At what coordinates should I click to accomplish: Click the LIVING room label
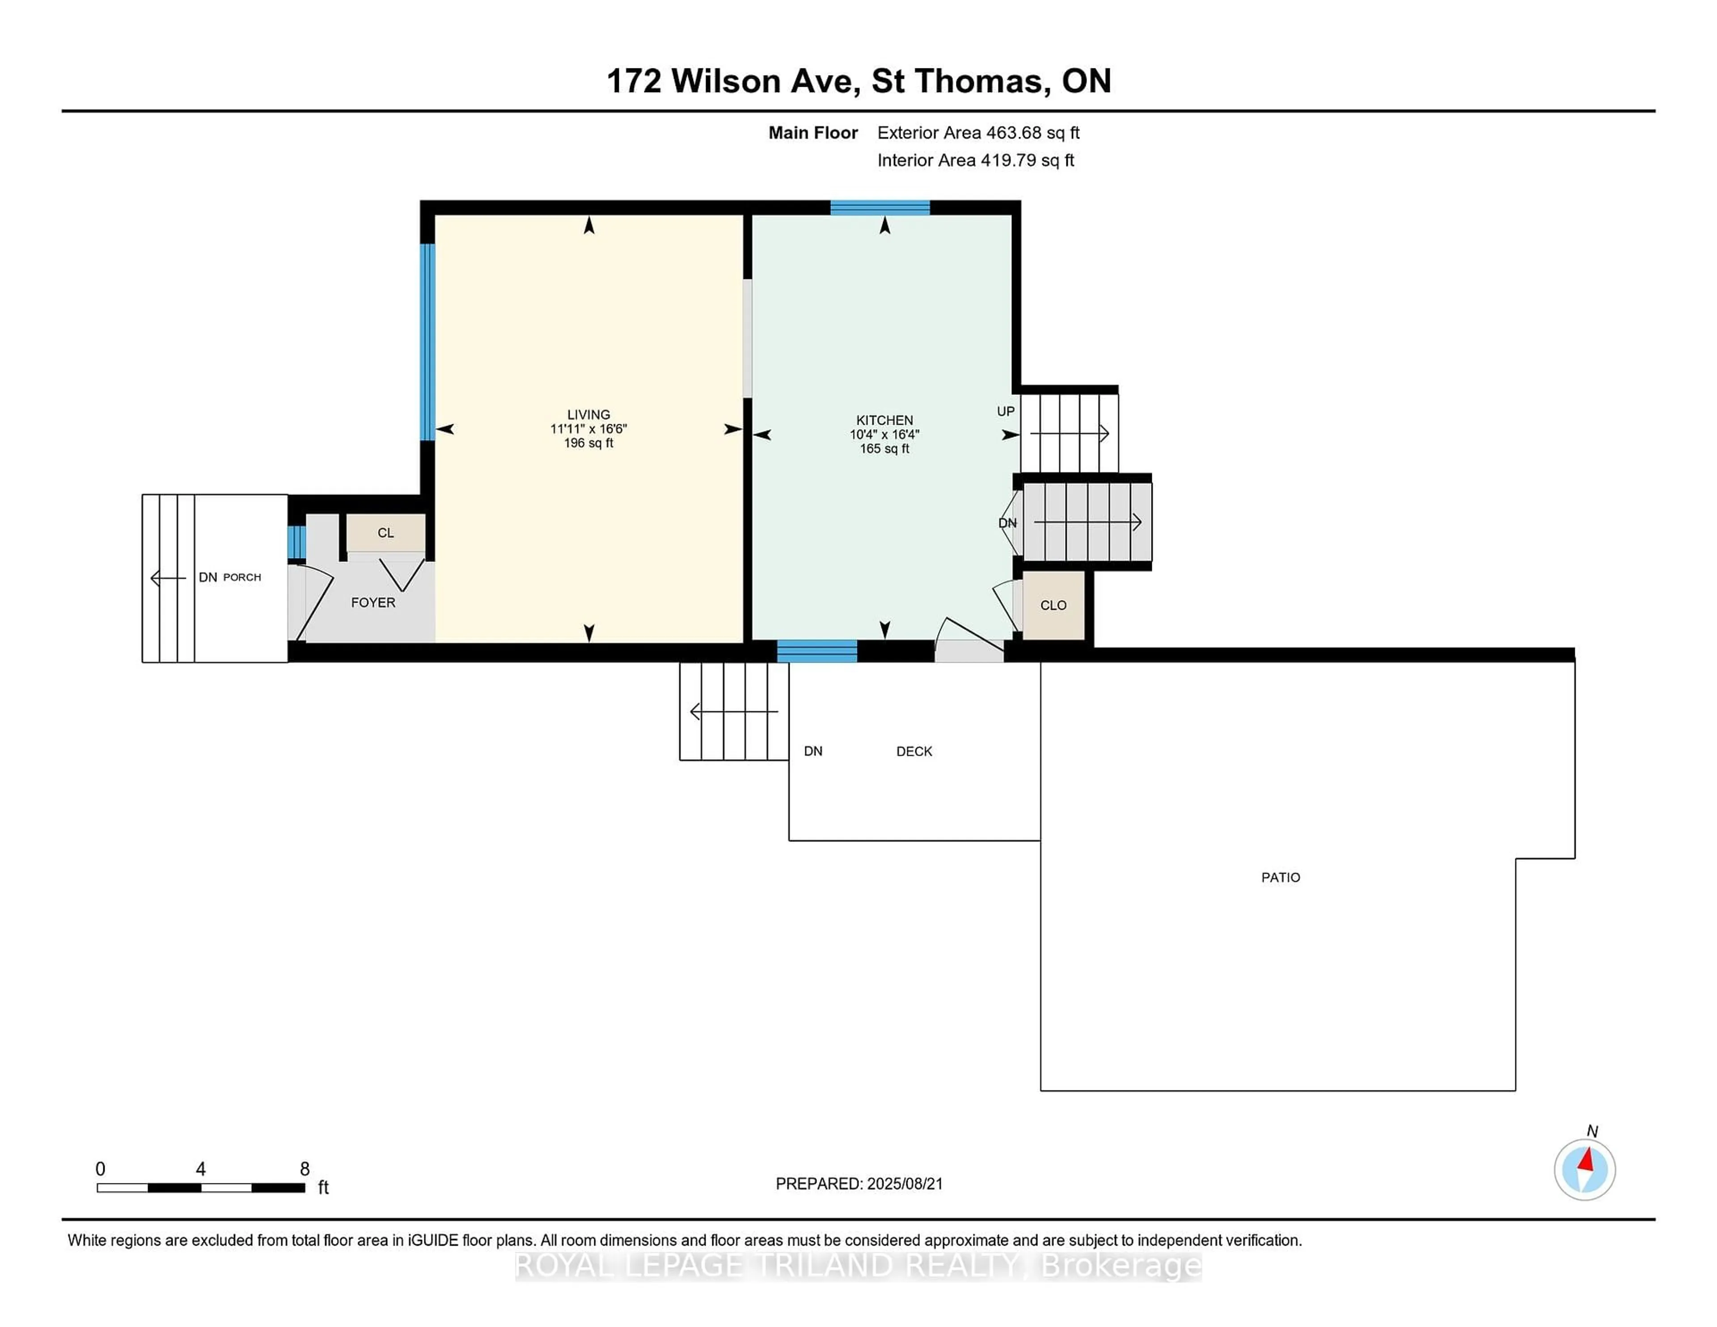point(588,414)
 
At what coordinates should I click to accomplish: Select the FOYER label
point(372,602)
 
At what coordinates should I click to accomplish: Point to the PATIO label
point(1281,877)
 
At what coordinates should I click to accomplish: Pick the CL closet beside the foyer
point(386,533)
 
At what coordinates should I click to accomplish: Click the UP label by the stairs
point(1006,411)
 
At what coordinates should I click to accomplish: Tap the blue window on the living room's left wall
point(427,342)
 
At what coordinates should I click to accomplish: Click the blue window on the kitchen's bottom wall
point(817,651)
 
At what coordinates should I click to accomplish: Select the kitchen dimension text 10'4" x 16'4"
point(884,434)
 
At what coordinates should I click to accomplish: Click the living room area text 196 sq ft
point(588,444)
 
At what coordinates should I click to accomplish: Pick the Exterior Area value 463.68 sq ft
point(1033,133)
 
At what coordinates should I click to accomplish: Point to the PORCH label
point(242,577)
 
